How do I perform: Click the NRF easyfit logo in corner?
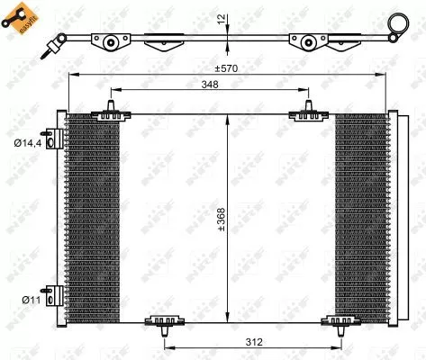[23, 20]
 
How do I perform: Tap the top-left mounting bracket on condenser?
[109, 112]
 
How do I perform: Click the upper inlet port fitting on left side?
[56, 138]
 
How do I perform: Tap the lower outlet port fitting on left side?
[56, 296]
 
